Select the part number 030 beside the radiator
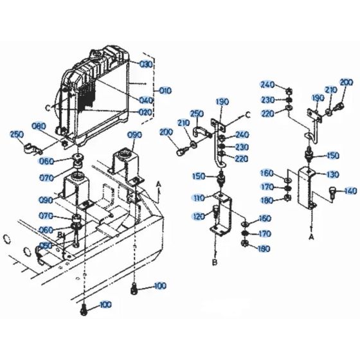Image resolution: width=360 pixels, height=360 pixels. tap(146, 64)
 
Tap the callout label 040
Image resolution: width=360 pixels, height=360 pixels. tap(147, 100)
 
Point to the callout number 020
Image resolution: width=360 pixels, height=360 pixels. tap(145, 113)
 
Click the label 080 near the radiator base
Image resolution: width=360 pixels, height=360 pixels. tap(57, 126)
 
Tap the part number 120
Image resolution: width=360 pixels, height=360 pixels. tap(199, 217)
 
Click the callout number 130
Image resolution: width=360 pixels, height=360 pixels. tap(332, 174)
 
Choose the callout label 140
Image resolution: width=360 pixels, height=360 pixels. tap(350, 191)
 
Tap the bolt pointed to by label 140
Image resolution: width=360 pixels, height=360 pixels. tap(332, 190)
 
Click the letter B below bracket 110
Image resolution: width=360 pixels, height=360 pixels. tap(214, 262)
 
